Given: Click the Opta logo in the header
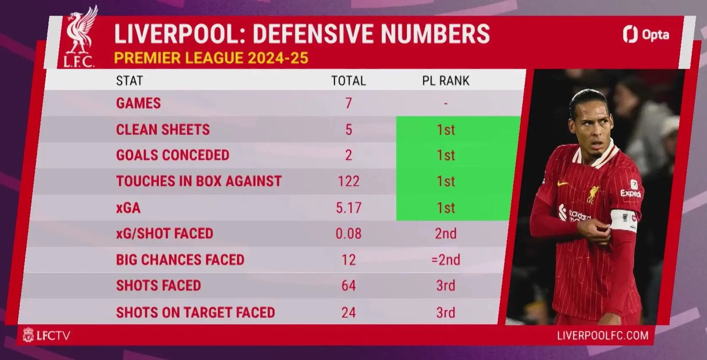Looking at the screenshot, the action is pyautogui.click(x=646, y=35).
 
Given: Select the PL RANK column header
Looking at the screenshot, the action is pyautogui.click(x=446, y=81).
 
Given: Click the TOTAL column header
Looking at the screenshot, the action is pyautogui.click(x=349, y=81).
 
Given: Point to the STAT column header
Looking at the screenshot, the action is pyautogui.click(x=129, y=81).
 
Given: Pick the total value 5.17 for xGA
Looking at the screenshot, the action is pyautogui.click(x=349, y=208).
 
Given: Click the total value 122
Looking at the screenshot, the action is pyautogui.click(x=349, y=181).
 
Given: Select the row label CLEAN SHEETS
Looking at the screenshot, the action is pyautogui.click(x=163, y=130).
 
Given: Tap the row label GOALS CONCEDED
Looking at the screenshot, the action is pyautogui.click(x=173, y=155).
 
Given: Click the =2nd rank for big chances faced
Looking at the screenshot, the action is pyautogui.click(x=446, y=260).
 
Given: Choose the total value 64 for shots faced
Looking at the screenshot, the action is pyautogui.click(x=349, y=285).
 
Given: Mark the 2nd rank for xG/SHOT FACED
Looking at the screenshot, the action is pyautogui.click(x=446, y=234).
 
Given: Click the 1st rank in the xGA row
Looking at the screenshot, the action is pyautogui.click(x=446, y=208).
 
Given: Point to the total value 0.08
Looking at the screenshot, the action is pyautogui.click(x=349, y=234).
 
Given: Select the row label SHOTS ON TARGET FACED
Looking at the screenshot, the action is pyautogui.click(x=196, y=313).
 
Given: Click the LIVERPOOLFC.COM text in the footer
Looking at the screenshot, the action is pyautogui.click(x=603, y=336).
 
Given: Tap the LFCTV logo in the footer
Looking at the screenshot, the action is pyautogui.click(x=46, y=335).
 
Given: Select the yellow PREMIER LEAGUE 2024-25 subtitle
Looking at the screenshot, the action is pyautogui.click(x=211, y=58).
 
